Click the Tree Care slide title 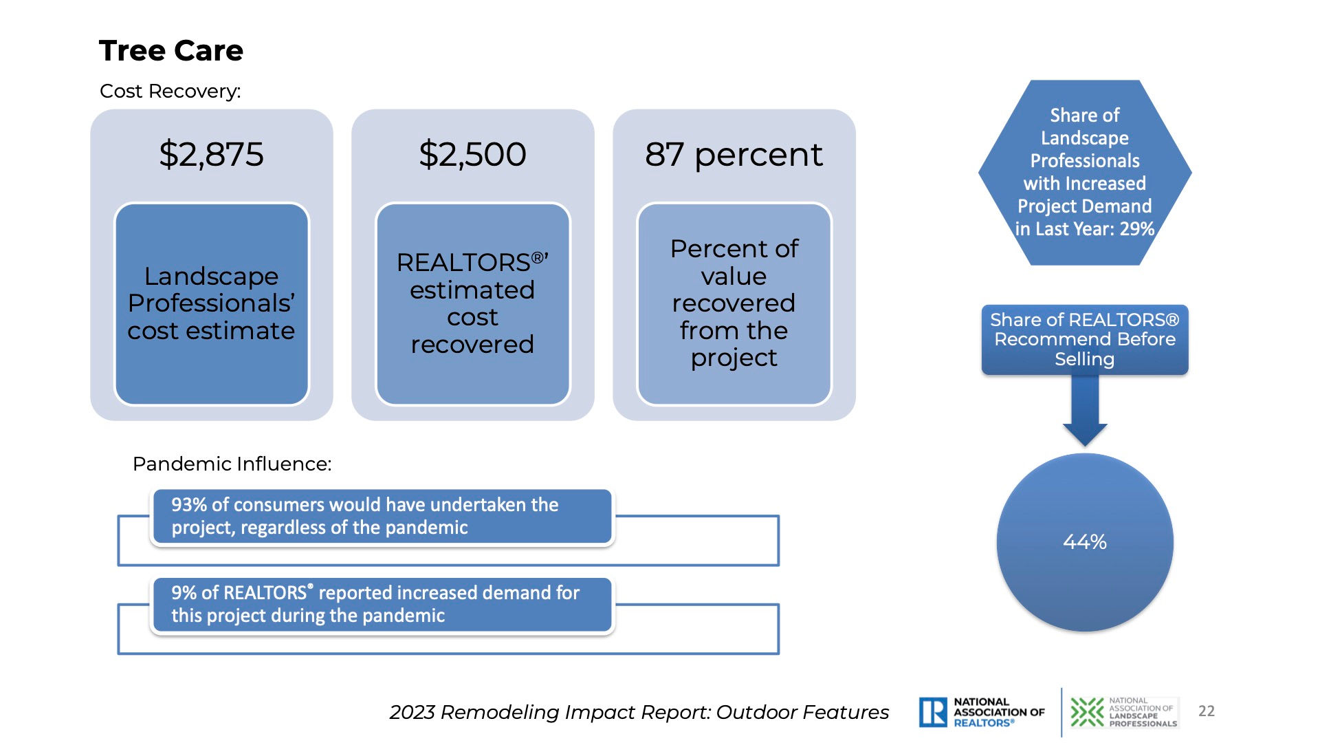171,51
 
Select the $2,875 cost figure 211,154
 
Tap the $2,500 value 472,154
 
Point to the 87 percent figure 734,155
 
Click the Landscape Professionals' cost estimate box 212,303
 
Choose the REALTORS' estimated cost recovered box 473,303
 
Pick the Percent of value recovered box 734,303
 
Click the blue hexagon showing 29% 1085,173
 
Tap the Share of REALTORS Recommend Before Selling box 1085,340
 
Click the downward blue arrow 1085,409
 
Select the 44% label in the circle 1085,542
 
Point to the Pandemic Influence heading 232,464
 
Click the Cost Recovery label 170,91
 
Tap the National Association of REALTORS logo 982,712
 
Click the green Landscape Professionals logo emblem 1087,712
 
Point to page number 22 1207,711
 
